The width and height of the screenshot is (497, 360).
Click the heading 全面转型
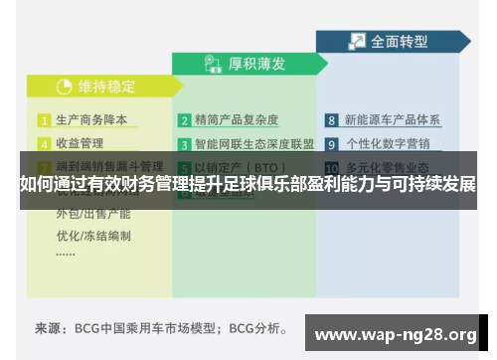(x=399, y=42)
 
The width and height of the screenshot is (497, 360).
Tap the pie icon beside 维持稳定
(x=64, y=86)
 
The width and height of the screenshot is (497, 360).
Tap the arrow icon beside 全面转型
(x=355, y=42)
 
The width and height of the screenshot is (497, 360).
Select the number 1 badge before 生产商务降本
(x=44, y=120)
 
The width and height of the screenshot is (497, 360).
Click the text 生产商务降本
(x=91, y=120)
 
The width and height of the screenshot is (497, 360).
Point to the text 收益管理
(x=80, y=142)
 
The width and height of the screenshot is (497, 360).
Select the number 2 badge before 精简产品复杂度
(x=185, y=120)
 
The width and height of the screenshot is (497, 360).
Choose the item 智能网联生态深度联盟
(x=254, y=142)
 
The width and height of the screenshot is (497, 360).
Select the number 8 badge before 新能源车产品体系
(x=332, y=120)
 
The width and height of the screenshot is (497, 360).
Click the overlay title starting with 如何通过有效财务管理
(x=248, y=185)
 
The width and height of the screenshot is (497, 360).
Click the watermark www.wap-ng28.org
(x=396, y=333)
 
